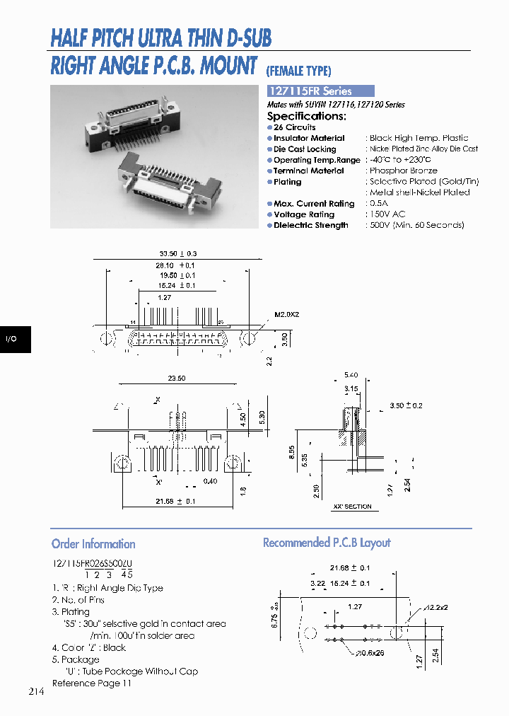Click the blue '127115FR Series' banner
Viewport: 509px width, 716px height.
pos(320,91)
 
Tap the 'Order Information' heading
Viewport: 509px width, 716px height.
pos(93,544)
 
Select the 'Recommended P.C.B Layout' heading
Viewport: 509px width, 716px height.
pos(327,543)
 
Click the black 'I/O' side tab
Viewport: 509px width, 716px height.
pos(12,340)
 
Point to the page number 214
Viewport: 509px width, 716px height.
pos(37,691)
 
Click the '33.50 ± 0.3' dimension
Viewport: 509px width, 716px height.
pos(177,253)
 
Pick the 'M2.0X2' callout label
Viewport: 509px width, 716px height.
pos(288,314)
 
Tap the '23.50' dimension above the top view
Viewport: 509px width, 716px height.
pos(177,379)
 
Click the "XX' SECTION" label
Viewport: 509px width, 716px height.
pos(352,507)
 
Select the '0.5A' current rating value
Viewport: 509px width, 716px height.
pos(380,204)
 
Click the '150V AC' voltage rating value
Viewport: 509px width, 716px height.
pos(387,214)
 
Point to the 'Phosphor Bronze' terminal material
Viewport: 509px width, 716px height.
pos(403,171)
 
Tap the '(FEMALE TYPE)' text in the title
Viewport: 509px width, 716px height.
pos(298,71)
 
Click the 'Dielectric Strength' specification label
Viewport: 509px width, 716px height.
pos(310,226)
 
